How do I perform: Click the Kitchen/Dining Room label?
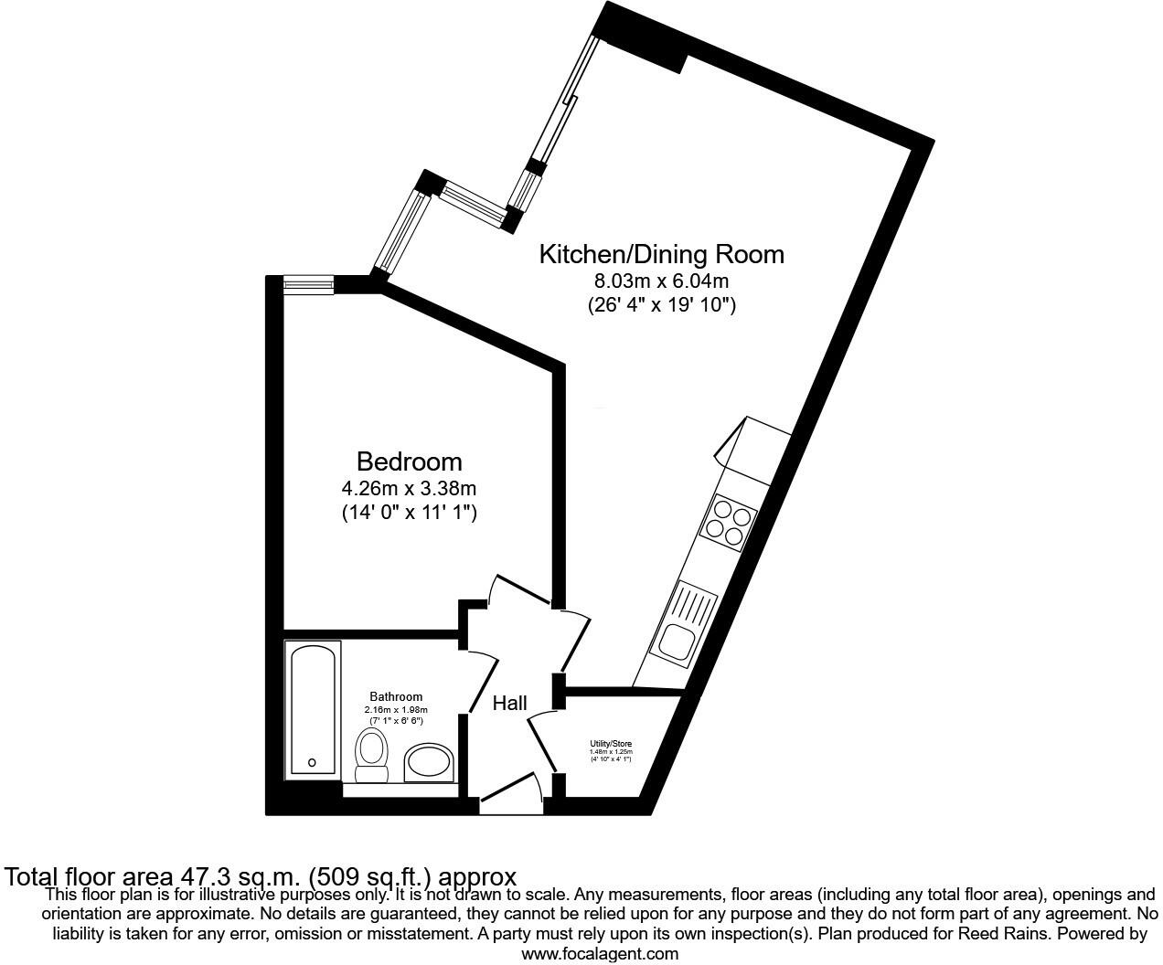pos(661,254)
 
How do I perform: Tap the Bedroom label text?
pos(409,461)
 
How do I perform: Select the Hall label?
pos(509,704)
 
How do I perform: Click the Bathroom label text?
pos(396,697)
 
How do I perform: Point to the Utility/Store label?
pos(610,744)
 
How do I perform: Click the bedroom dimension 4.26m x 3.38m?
pos(409,488)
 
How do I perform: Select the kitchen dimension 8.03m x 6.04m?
pos(661,281)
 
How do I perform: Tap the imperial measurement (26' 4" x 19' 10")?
pos(661,305)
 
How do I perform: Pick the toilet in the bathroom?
pos(370,756)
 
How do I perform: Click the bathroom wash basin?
pos(429,761)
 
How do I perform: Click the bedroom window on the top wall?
pos(308,285)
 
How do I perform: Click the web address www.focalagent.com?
pos(600,954)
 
